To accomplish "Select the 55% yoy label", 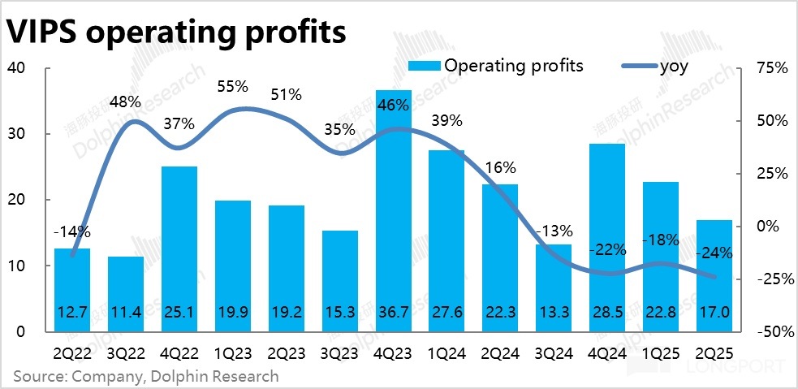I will pos(232,85).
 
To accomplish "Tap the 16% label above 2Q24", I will pos(499,168).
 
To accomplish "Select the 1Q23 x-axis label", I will pos(233,353).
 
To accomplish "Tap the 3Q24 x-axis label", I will pos(554,353).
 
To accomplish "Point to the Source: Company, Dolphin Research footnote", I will pos(145,376).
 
